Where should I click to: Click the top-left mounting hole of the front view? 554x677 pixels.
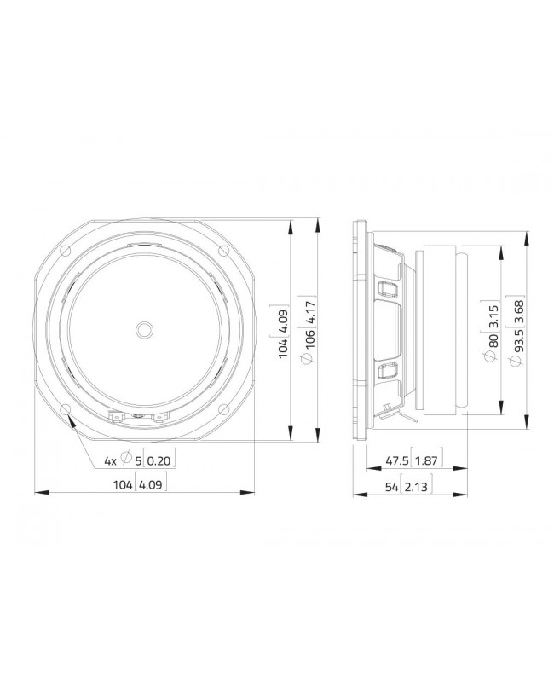66,251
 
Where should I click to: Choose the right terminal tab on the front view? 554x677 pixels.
157,417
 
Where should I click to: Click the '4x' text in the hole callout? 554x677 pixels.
110,460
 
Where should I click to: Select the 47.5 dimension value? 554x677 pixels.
396,460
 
